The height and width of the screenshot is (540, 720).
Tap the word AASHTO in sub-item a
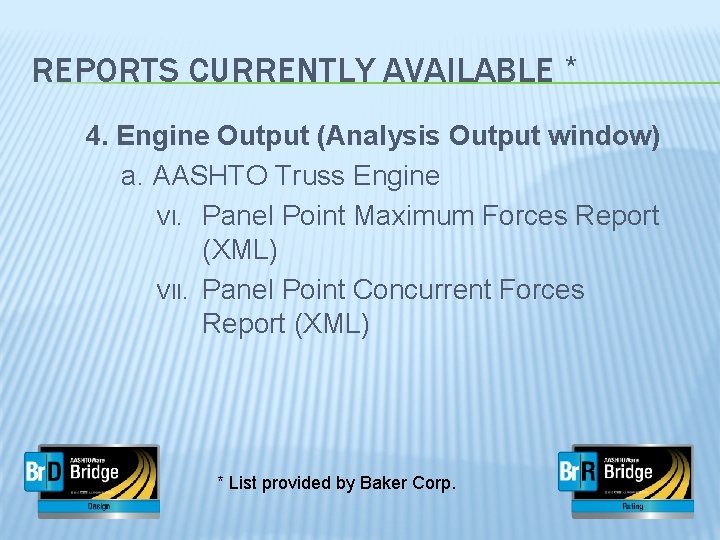click(209, 177)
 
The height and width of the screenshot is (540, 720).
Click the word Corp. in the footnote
click(432, 483)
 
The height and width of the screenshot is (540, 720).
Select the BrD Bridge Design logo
click(91, 480)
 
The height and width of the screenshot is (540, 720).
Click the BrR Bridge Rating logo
click(626, 480)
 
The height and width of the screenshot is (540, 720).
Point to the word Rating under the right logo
click(632, 507)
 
